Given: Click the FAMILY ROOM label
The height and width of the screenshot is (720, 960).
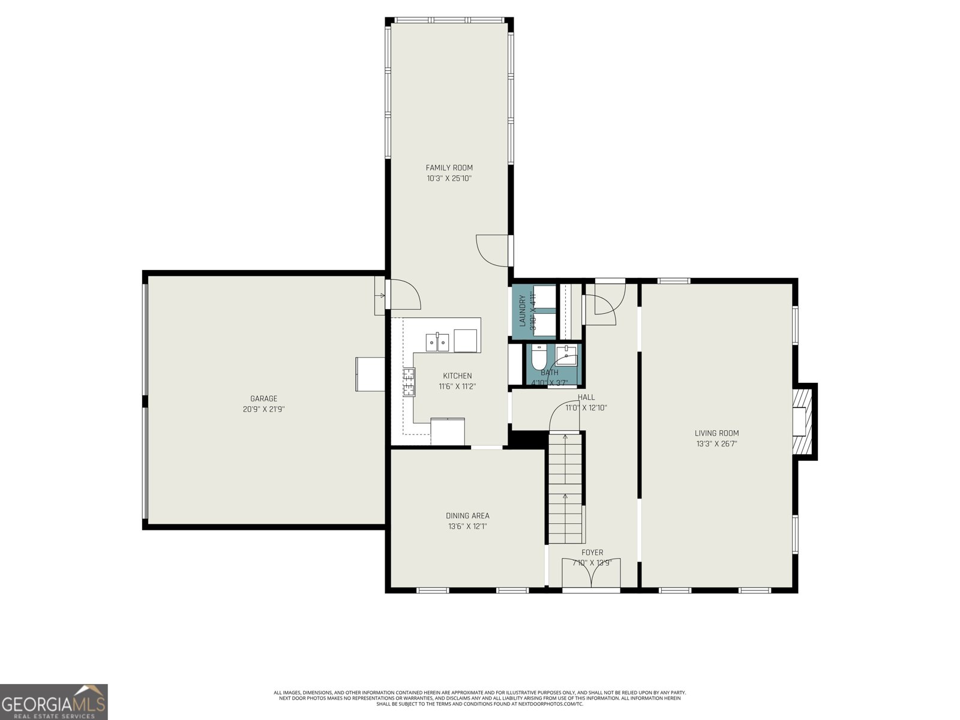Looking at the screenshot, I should click(449, 167).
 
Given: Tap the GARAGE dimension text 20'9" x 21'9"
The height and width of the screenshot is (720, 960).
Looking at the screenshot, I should click(263, 409).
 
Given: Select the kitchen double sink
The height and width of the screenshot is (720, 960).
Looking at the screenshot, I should click(437, 342).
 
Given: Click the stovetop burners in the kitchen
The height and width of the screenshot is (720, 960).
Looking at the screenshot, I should click(409, 382).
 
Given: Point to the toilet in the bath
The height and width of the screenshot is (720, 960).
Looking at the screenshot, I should click(538, 359).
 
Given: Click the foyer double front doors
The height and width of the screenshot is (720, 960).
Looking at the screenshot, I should click(591, 574).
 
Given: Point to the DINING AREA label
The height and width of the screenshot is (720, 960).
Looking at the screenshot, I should click(467, 515).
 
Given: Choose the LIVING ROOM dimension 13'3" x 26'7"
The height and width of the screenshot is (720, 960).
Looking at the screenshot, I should click(716, 444).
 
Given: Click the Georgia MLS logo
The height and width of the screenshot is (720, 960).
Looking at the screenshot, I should click(53, 702).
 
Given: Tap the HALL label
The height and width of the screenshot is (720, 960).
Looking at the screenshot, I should click(586, 397).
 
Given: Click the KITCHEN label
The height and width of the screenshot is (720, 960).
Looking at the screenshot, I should click(457, 376).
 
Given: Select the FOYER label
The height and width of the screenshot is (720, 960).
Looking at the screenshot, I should click(592, 552).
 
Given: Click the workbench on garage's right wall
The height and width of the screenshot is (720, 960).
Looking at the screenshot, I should click(370, 374).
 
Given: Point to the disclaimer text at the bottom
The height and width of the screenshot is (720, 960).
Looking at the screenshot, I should click(479, 698).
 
